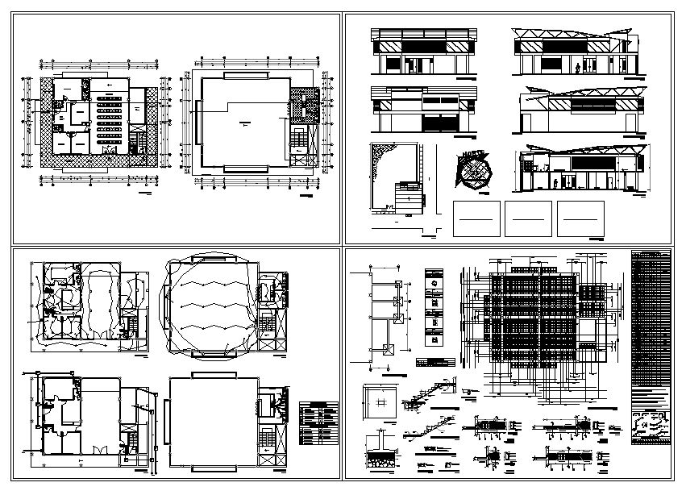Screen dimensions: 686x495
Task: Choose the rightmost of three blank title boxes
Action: point(580,218)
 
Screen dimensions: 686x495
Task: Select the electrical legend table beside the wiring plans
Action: point(318,424)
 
